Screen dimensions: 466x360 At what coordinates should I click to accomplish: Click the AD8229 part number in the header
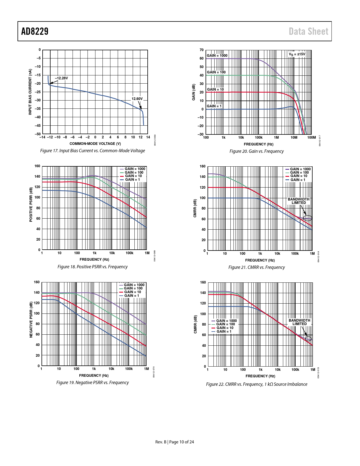(x=35, y=31)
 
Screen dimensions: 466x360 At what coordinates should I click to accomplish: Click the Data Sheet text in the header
(x=308, y=31)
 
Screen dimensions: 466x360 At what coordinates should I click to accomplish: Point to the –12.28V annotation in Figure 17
(x=61, y=78)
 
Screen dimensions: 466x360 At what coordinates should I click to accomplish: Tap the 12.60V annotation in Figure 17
(x=137, y=99)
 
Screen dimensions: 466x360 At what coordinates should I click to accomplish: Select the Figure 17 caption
(x=92, y=151)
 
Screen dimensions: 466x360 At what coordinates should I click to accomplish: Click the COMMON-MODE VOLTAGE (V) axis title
(x=95, y=144)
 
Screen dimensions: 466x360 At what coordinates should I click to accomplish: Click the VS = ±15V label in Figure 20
(x=297, y=54)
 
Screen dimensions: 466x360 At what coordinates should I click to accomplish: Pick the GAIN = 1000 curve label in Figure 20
(x=217, y=56)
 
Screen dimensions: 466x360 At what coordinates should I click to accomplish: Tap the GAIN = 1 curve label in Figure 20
(x=214, y=106)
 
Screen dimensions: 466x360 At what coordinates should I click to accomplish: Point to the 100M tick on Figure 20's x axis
(x=311, y=138)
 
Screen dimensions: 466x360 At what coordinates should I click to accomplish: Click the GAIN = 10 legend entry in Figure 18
(x=133, y=176)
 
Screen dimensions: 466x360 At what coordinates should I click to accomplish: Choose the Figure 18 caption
(x=92, y=267)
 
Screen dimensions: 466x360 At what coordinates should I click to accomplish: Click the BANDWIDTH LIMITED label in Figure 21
(x=299, y=201)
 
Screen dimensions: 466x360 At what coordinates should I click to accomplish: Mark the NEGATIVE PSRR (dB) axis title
(x=31, y=319)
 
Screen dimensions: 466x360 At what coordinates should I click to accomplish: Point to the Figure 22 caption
(x=256, y=384)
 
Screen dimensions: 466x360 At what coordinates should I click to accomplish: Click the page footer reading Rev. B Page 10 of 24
(x=174, y=442)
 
